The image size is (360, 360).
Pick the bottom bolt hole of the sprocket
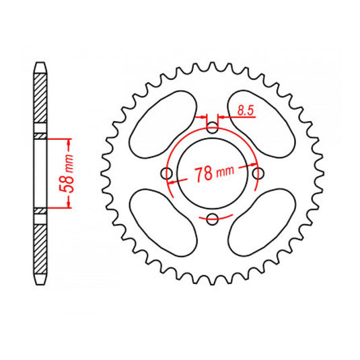tap(213, 218)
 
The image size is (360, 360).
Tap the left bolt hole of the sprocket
tap(168, 174)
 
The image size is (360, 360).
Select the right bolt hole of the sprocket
tap(258, 174)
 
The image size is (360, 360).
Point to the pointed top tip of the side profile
tap(41, 64)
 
